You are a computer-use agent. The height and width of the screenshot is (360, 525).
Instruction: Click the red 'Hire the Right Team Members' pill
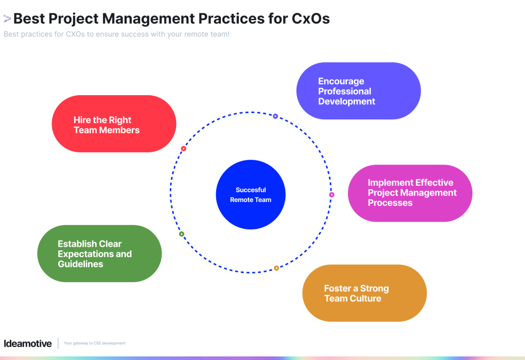click(114, 124)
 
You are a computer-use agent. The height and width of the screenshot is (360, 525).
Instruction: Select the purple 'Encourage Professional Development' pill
click(358, 91)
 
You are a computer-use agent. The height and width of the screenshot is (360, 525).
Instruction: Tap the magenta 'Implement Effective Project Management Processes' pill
click(410, 193)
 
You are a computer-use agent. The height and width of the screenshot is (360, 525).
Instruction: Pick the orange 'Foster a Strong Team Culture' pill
click(364, 293)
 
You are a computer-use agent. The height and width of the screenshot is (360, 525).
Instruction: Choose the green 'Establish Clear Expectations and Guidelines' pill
click(99, 254)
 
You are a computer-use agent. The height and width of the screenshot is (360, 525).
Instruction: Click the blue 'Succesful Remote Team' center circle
click(251, 194)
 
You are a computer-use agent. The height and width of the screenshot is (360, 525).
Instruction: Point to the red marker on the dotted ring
click(183, 149)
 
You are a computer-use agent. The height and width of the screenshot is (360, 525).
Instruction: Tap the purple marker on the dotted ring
click(275, 116)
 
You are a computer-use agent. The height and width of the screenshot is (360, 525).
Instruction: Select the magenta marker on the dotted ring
click(331, 195)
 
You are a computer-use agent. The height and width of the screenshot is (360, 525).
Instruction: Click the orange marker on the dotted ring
click(276, 268)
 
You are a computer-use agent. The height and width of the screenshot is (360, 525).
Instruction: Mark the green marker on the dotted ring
click(182, 234)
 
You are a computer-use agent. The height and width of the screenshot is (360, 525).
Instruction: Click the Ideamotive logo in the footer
click(28, 343)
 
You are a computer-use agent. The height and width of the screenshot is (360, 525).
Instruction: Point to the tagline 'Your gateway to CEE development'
click(94, 343)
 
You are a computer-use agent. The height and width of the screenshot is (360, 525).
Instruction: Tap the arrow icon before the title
click(7, 19)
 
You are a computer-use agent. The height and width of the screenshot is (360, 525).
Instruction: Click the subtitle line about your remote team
click(116, 34)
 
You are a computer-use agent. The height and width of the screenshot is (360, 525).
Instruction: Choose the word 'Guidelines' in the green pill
click(80, 264)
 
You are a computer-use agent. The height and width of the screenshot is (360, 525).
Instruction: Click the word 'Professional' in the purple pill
click(344, 91)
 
